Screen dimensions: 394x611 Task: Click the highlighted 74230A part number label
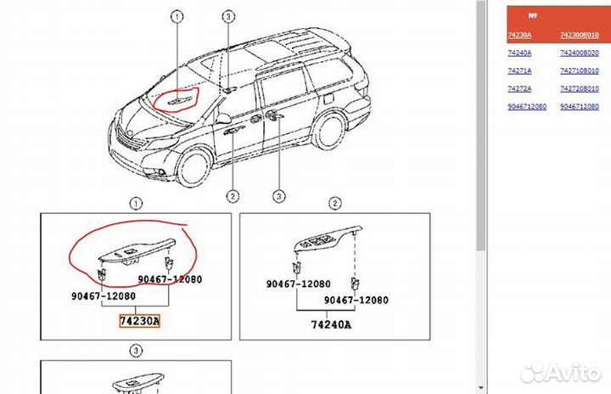point(139,322)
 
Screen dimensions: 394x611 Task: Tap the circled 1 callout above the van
point(177,16)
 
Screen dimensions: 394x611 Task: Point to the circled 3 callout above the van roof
point(228,16)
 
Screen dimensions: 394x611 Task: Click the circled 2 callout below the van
point(231,196)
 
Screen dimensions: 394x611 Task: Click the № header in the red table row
point(533,14)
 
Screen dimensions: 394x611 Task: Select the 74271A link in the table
point(519,70)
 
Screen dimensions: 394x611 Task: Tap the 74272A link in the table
point(519,88)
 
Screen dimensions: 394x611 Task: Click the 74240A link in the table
point(519,53)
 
